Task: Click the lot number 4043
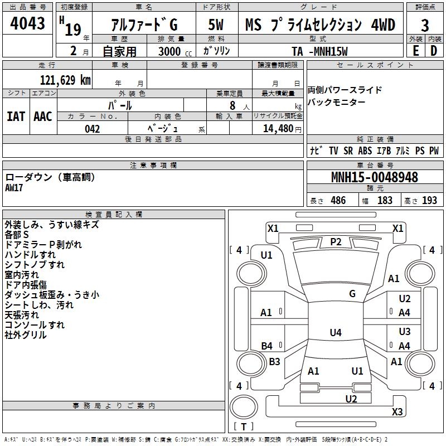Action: click(28, 24)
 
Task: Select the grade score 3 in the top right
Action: click(425, 26)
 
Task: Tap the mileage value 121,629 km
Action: click(65, 80)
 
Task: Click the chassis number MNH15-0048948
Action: click(375, 177)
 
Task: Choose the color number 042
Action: click(93, 129)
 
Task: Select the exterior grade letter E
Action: click(415, 51)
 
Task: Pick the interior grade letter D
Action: click(434, 51)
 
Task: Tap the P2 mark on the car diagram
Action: click(336, 241)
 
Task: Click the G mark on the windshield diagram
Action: click(352, 294)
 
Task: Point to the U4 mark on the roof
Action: click(335, 333)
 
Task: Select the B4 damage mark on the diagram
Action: click(267, 346)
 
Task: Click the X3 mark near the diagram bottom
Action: click(397, 412)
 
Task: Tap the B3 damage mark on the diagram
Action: click(275, 362)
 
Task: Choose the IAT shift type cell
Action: click(16, 116)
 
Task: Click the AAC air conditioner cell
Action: click(42, 116)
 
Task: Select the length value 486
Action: click(338, 201)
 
